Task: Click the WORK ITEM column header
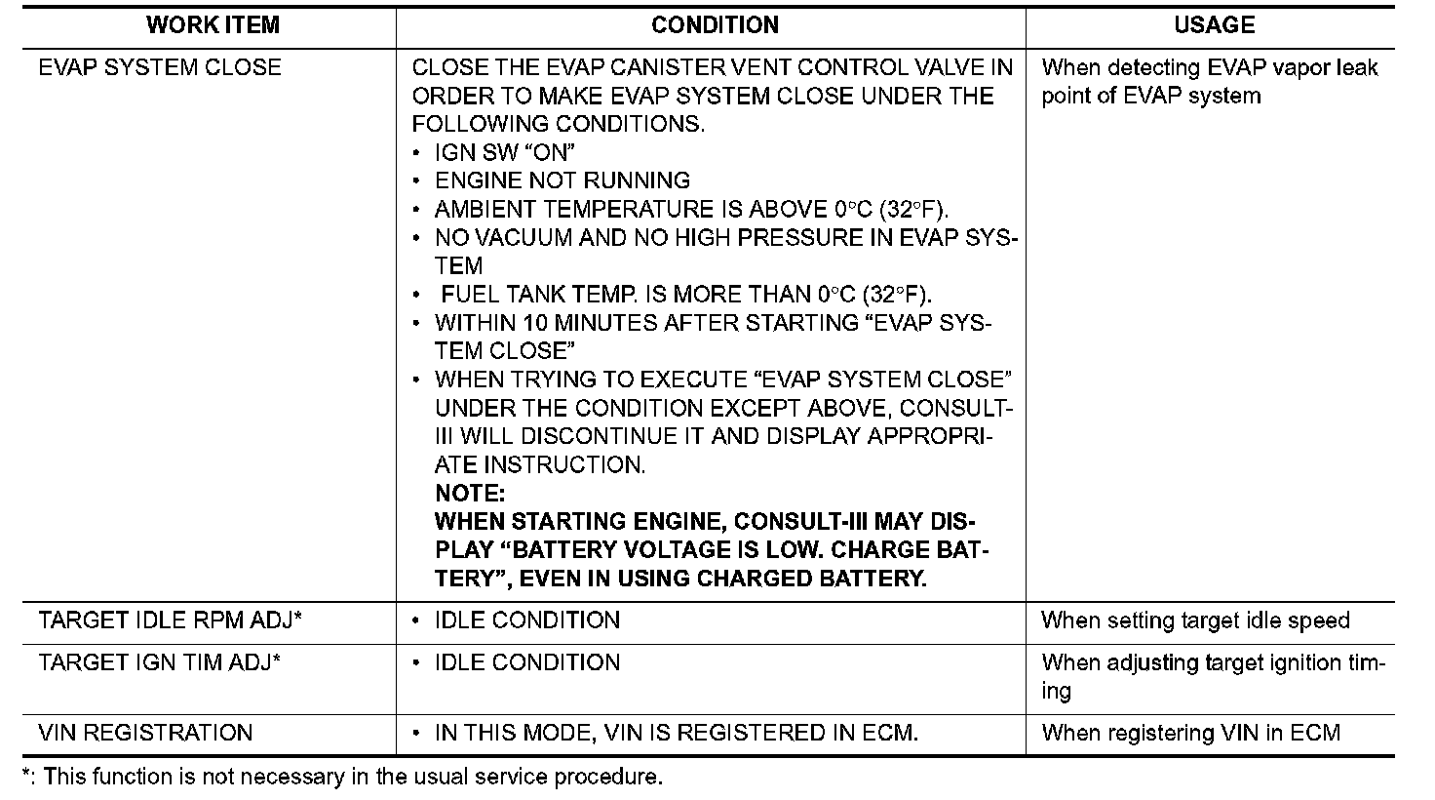click(x=213, y=25)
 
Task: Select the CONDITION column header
click(x=715, y=25)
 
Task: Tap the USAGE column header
click(x=1214, y=25)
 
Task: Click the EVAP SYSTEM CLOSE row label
click(x=160, y=68)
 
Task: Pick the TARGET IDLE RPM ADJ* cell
click(x=170, y=620)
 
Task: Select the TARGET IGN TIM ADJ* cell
click(x=160, y=662)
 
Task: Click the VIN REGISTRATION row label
click(x=145, y=733)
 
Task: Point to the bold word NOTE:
click(x=470, y=494)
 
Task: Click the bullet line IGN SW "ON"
click(x=505, y=153)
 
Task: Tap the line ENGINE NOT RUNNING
click(x=562, y=181)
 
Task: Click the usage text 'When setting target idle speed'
click(x=1195, y=620)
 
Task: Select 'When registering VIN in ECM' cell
click(x=1191, y=733)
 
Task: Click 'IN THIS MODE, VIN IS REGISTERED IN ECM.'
click(x=677, y=733)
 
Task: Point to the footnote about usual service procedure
click(x=342, y=778)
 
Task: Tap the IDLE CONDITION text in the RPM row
click(x=527, y=620)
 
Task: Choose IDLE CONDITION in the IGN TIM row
click(x=527, y=662)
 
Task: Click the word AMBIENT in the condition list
click(x=477, y=210)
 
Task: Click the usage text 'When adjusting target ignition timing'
click(x=1213, y=675)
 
